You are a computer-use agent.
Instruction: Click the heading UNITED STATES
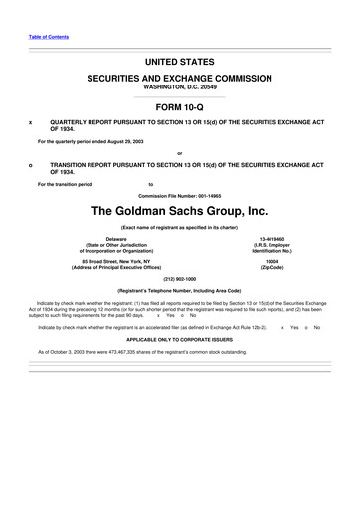pyautogui.click(x=180, y=62)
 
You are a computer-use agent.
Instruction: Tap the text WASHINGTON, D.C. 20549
pyautogui.click(x=180, y=87)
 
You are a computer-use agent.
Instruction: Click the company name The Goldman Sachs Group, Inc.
pyautogui.click(x=180, y=211)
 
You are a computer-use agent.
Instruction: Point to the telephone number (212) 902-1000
pyautogui.click(x=180, y=278)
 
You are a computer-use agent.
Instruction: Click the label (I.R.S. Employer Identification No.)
pyautogui.click(x=271, y=250)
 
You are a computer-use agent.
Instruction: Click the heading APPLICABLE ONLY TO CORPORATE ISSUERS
pyautogui.click(x=180, y=338)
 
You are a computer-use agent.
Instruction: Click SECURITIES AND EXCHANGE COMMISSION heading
pyautogui.click(x=180, y=77)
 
